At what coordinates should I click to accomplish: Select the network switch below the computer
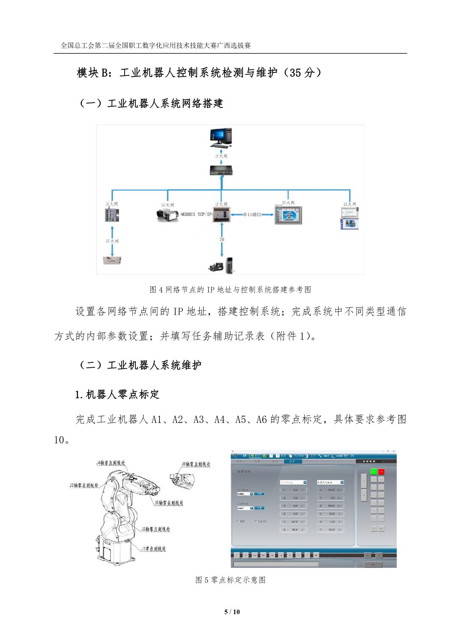click(221, 171)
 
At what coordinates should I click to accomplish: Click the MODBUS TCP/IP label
click(197, 214)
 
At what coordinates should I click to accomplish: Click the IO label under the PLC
click(222, 239)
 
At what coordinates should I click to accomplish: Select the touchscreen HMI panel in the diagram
click(288, 216)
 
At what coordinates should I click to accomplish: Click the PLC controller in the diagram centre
click(222, 214)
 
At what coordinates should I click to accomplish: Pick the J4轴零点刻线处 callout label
click(111, 463)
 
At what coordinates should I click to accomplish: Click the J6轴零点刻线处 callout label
click(196, 464)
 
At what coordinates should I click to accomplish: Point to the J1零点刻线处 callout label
click(154, 549)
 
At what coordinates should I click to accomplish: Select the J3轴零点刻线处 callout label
click(84, 485)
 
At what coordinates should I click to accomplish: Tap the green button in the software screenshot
click(374, 471)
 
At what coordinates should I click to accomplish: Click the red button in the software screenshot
click(381, 471)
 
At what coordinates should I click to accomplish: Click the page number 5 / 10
click(232, 612)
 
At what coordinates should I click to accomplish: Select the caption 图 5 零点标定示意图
click(230, 580)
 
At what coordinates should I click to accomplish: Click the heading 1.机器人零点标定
click(117, 394)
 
